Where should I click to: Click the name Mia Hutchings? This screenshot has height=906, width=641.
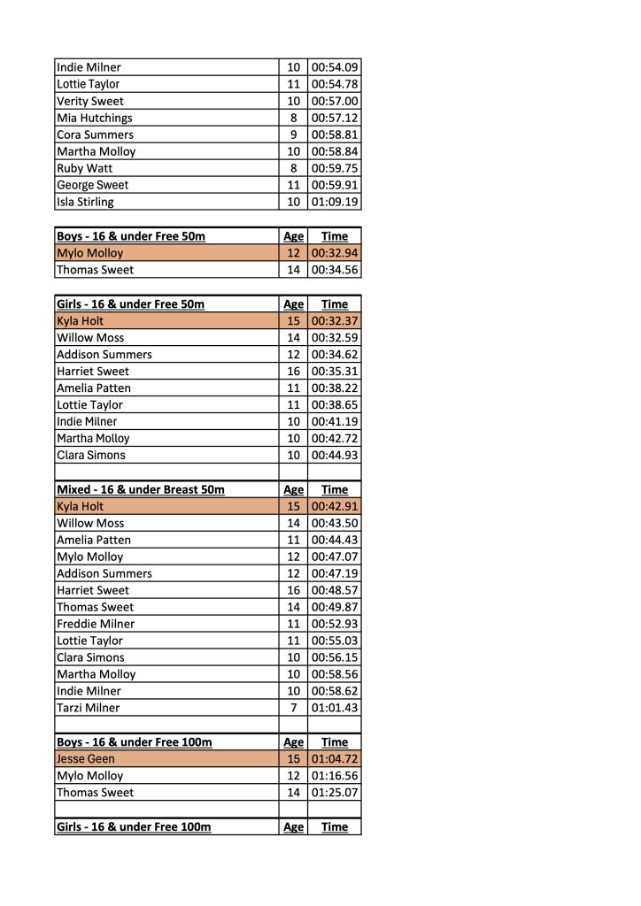coord(95,118)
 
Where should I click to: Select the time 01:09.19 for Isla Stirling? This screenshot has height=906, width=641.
coord(335,202)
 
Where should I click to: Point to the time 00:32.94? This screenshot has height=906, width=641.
coord(335,253)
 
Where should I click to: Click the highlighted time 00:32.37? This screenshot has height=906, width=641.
coord(335,321)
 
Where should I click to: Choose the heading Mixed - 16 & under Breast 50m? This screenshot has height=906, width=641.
coord(140,489)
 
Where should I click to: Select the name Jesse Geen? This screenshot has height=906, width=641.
coord(86,759)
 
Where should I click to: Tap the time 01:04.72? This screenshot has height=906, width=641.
coord(335,759)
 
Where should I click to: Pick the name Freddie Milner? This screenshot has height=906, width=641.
coord(96,624)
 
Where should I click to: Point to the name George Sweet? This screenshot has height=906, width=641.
coord(92,185)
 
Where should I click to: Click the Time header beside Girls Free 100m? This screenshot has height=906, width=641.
coord(335,827)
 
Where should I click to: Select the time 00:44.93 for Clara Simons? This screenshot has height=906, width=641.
coord(335,456)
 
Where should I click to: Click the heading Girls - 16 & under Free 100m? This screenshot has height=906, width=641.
coord(134,827)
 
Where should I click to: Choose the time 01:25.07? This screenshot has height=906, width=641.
coord(335,793)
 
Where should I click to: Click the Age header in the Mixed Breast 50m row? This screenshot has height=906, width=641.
coord(293,489)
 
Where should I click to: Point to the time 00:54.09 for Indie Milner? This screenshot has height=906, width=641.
coord(335,67)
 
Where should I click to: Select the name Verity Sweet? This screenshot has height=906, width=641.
coord(90,101)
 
